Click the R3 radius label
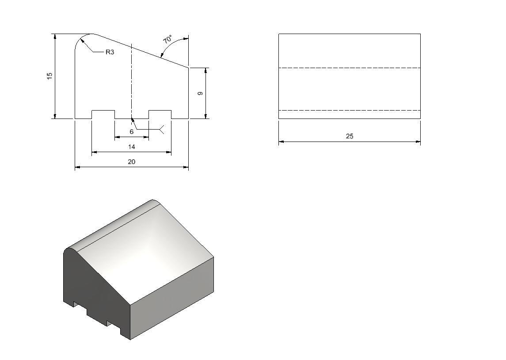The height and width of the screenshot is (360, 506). (x=110, y=52)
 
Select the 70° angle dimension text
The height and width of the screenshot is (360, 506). (x=168, y=39)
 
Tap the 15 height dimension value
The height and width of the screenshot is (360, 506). (x=49, y=76)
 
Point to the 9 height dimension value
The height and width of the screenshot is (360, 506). (x=200, y=93)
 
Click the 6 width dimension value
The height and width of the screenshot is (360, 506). (x=131, y=132)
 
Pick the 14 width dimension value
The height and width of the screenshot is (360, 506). (x=131, y=147)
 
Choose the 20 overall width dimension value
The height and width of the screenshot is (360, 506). (x=131, y=162)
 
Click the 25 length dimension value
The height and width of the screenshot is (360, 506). (x=350, y=136)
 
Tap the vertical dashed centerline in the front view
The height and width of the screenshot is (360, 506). (x=131, y=81)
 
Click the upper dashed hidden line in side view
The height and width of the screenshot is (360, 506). (x=350, y=68)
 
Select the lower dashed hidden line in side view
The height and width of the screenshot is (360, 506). (x=350, y=111)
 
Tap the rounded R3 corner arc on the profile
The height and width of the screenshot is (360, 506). (x=80, y=38)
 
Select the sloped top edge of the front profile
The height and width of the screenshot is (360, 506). (x=141, y=51)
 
